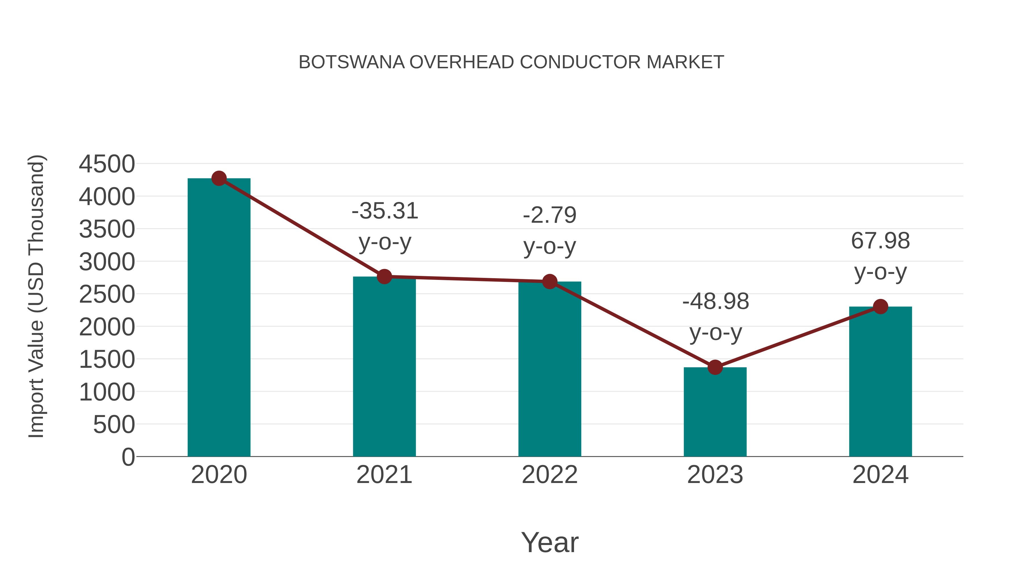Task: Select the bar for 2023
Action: (x=715, y=413)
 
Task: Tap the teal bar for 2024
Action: (x=880, y=382)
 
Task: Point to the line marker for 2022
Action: (x=550, y=281)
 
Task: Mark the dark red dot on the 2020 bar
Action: (x=219, y=178)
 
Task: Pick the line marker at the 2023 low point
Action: (x=715, y=367)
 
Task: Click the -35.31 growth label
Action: (x=385, y=211)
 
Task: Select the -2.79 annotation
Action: (x=550, y=215)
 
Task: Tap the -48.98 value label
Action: (x=716, y=301)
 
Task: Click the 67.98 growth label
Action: (x=880, y=241)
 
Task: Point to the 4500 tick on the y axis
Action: (x=107, y=164)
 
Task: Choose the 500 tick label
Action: (x=114, y=425)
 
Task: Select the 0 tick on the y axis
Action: (x=128, y=457)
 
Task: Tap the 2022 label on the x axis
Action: (x=550, y=475)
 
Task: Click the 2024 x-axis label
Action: (x=880, y=475)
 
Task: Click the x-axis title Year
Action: (x=550, y=542)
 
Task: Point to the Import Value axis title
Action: (x=36, y=296)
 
